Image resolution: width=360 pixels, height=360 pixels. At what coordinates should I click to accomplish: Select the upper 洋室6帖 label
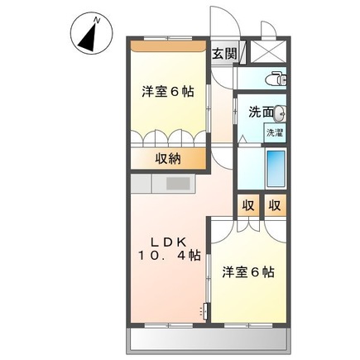point(167,92)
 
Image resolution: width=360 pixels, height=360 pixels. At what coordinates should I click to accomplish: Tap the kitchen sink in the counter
point(179,183)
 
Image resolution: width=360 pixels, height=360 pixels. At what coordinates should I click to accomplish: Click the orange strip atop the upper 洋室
point(168,45)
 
